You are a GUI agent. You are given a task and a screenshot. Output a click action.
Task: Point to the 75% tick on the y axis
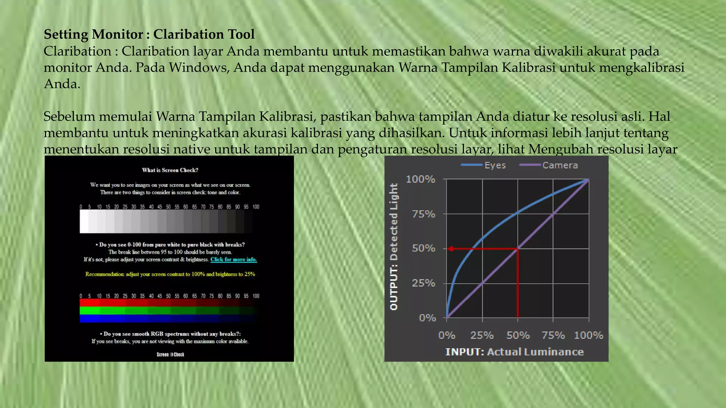[x=424, y=214]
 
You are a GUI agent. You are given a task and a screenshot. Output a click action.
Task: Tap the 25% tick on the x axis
[x=482, y=335]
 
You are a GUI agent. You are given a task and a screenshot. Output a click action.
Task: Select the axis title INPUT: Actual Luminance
[x=514, y=352]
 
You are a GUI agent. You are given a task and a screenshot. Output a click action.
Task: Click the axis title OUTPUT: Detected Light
[x=394, y=247]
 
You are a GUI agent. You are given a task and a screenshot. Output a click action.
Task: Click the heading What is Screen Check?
[x=170, y=170]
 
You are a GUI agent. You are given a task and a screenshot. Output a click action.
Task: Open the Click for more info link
[x=234, y=259]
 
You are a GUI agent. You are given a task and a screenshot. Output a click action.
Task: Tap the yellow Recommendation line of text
[x=170, y=274]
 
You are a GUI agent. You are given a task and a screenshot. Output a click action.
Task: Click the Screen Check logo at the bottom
[x=170, y=354]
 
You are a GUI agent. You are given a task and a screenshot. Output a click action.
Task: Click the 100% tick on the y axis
[x=420, y=179]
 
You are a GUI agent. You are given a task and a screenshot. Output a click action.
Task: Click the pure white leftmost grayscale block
[x=84, y=221]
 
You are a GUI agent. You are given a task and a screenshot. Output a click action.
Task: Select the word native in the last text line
[x=192, y=149]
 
